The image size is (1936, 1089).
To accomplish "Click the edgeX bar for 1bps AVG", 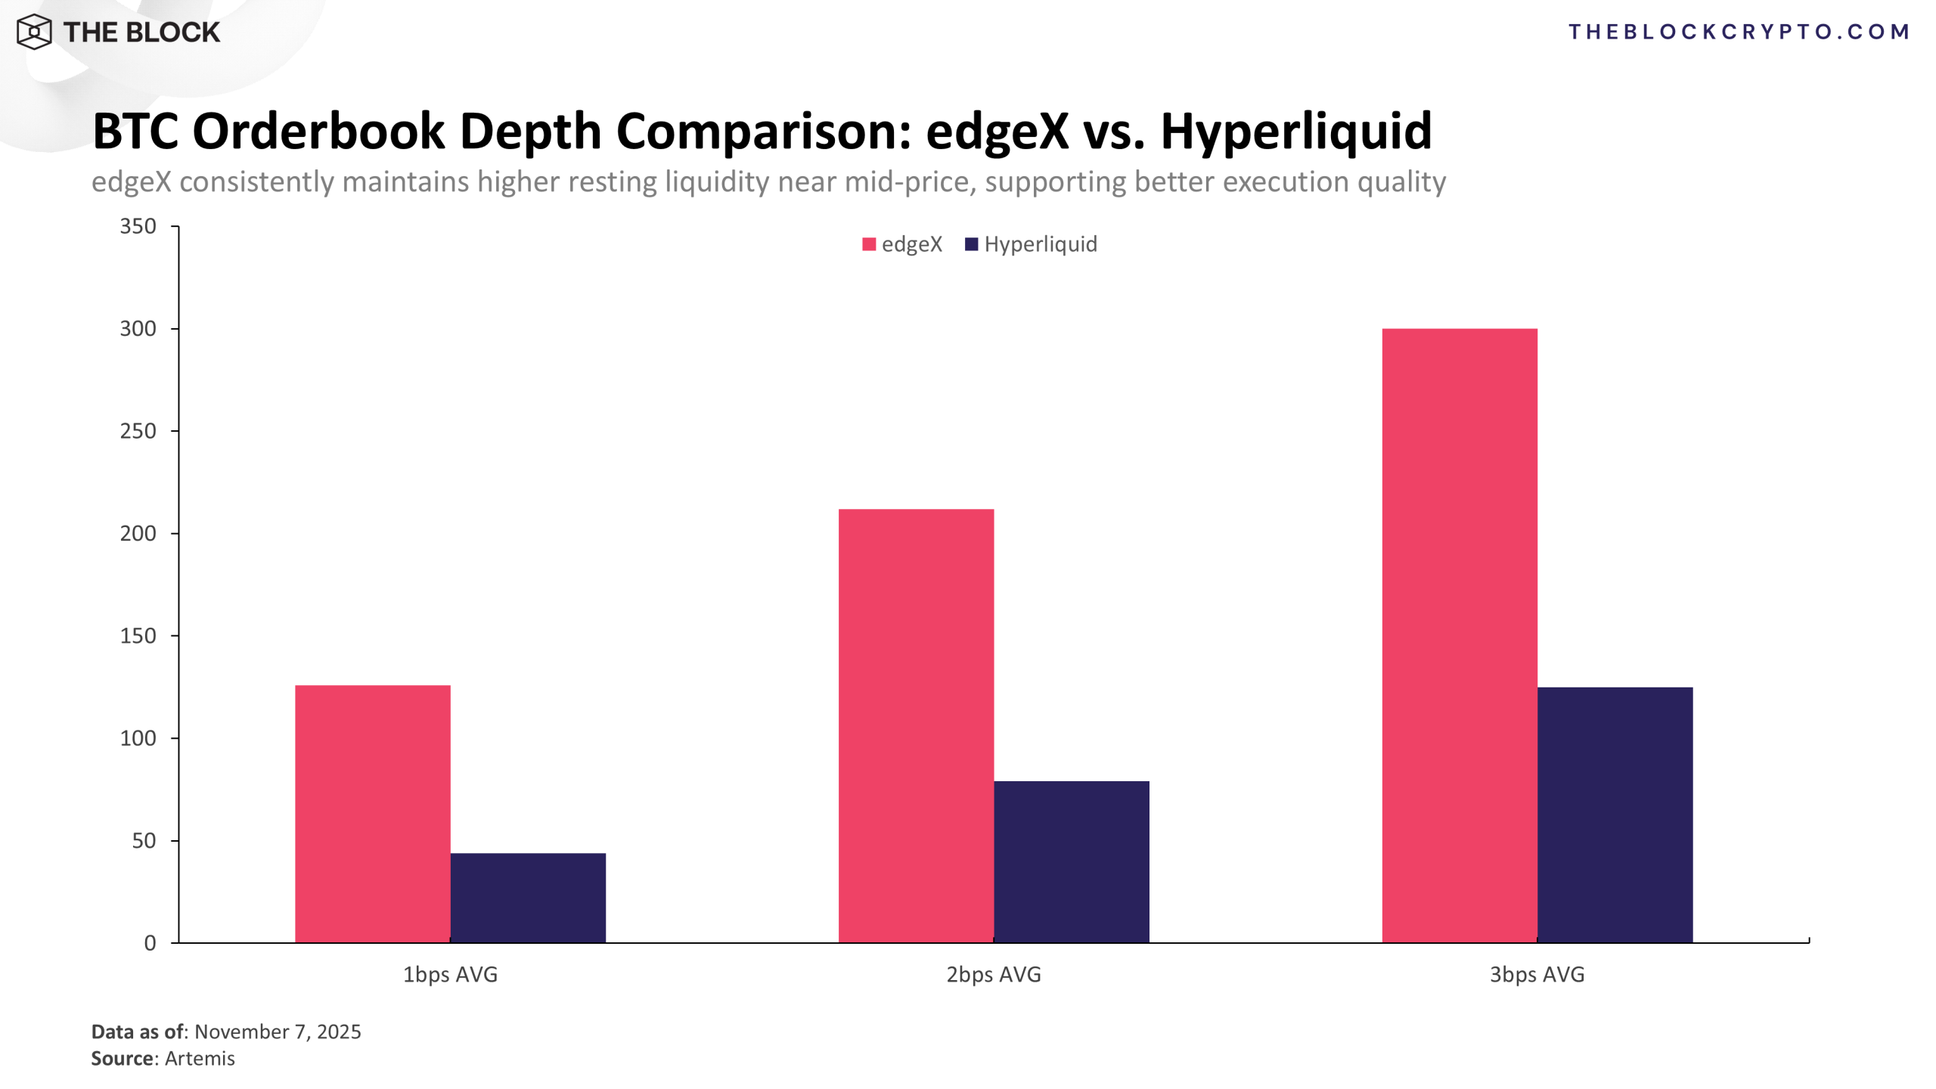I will [372, 813].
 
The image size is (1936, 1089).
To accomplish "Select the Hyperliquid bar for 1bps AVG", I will [528, 898].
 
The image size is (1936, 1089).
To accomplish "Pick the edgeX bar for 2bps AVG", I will [916, 725].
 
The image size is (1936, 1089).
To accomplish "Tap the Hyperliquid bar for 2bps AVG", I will [1071, 861].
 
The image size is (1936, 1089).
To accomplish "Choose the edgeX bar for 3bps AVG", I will [1459, 635].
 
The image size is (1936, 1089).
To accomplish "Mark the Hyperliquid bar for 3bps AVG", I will [1615, 814].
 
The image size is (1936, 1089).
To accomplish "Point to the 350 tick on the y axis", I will [138, 226].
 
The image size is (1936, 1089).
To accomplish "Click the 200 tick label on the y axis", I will [138, 533].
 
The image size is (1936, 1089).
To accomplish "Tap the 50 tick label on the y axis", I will [144, 840].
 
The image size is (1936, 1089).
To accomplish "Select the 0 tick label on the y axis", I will [150, 943].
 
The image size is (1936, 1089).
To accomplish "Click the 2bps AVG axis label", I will [994, 974].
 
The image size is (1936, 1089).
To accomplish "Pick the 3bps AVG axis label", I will [1537, 974].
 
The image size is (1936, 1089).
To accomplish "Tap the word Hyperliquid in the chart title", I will [1295, 131].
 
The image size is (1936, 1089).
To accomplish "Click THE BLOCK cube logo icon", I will [34, 32].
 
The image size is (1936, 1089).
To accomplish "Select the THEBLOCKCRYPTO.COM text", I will [1738, 32].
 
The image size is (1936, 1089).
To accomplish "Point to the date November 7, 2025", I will [278, 1032].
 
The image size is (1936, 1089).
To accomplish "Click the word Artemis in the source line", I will [200, 1058].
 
